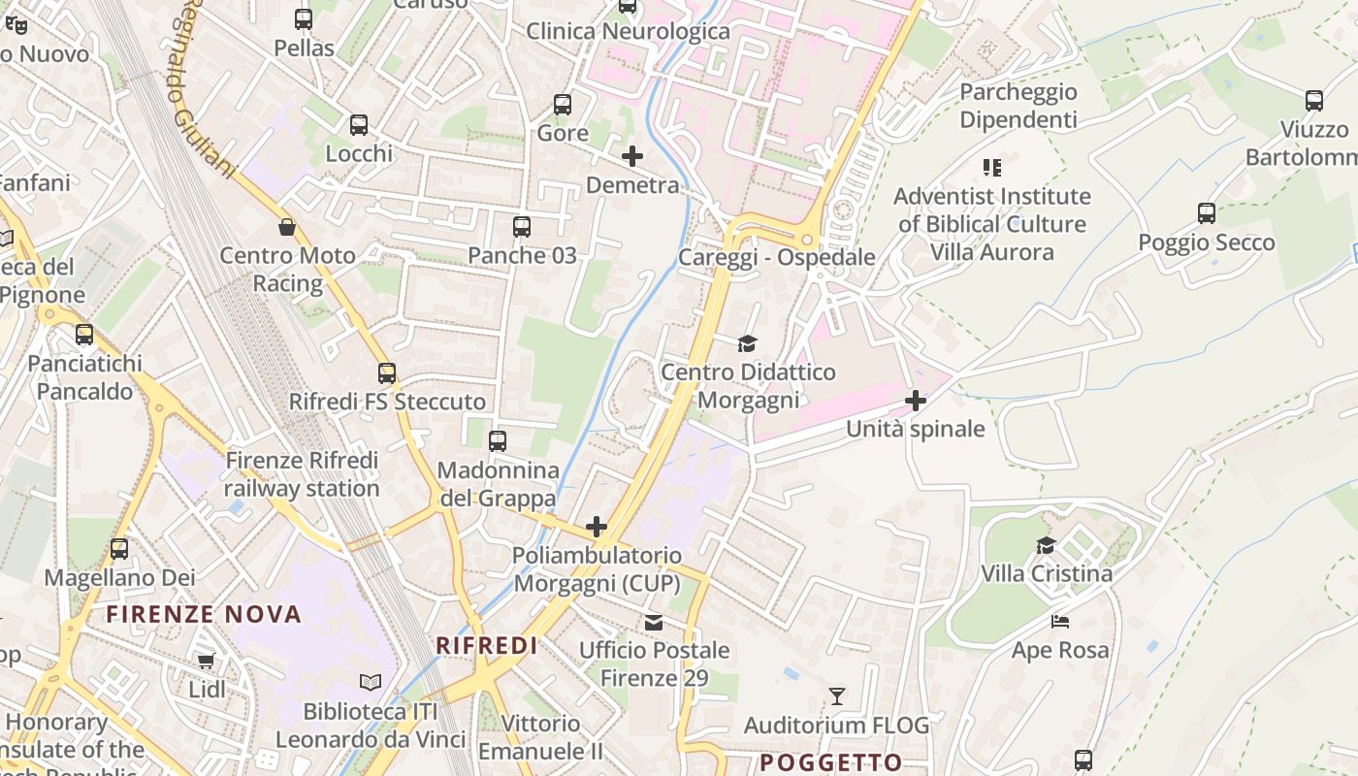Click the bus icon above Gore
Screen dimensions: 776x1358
click(x=563, y=105)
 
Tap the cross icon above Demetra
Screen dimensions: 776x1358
click(x=632, y=155)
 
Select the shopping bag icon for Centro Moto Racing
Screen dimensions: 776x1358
click(x=287, y=228)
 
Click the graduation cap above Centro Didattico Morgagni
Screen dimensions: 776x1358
click(x=747, y=343)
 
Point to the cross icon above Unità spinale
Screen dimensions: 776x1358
click(x=916, y=401)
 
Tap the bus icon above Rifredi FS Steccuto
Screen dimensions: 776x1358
click(x=387, y=373)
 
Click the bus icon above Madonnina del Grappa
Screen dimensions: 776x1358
click(x=498, y=441)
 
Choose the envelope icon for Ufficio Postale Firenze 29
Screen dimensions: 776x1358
click(x=655, y=622)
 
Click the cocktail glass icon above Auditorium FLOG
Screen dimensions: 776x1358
click(x=837, y=696)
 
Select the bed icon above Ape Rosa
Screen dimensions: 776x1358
click(x=1060, y=622)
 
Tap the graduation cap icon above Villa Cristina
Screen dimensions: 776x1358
click(x=1046, y=545)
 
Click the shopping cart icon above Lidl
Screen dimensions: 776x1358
click(x=206, y=662)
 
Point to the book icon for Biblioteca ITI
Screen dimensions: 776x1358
click(x=371, y=683)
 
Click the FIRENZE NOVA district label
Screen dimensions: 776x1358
click(x=204, y=614)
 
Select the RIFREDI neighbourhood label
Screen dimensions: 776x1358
click(x=487, y=646)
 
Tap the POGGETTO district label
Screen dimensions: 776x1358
click(x=831, y=762)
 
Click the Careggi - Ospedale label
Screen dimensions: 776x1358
click(x=776, y=257)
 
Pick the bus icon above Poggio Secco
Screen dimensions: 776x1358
click(x=1207, y=213)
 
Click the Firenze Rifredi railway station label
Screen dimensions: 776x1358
click(x=302, y=473)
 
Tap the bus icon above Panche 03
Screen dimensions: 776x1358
click(x=522, y=227)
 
